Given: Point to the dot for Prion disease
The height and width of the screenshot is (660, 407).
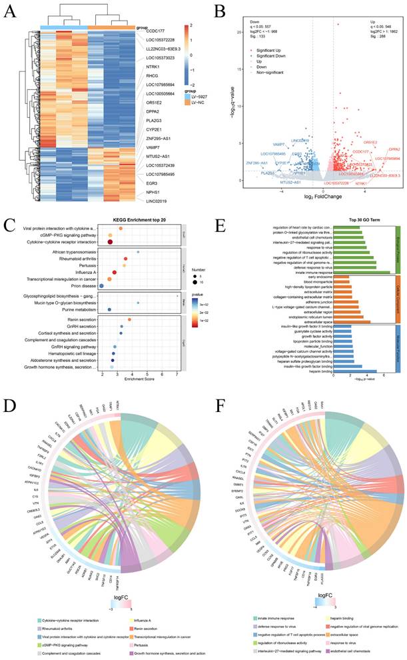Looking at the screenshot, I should (102, 285).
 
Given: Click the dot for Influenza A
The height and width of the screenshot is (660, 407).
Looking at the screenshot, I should (114, 273).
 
